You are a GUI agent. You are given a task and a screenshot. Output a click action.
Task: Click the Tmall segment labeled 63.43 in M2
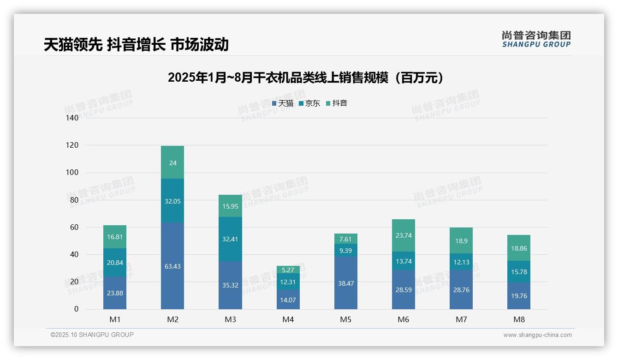point(172,266)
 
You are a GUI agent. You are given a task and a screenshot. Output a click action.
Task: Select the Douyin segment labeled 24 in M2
point(172,162)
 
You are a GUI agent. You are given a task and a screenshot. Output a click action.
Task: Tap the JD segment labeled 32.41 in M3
point(230,239)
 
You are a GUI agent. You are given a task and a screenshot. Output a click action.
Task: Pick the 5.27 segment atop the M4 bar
point(288,270)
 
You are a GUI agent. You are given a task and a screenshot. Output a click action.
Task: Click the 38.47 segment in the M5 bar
point(345,283)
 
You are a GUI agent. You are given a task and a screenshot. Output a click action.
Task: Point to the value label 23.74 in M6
point(404,235)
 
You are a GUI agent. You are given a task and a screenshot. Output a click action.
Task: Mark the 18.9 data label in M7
point(461,241)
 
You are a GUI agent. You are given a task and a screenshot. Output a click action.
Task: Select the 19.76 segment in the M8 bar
point(519,296)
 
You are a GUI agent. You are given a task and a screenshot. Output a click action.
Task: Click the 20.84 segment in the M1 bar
point(115,263)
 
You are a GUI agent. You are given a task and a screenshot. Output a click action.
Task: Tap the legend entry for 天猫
point(283,103)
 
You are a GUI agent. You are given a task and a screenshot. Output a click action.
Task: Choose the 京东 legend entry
point(309,103)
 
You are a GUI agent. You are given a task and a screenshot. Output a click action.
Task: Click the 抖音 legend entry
point(337,103)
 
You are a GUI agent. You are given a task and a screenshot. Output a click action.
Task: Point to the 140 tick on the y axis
point(72,118)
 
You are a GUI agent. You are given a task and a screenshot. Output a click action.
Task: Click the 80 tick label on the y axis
point(74,200)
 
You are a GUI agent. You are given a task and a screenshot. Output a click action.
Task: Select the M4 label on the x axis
point(288,319)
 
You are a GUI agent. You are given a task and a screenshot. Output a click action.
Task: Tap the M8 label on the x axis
point(519,319)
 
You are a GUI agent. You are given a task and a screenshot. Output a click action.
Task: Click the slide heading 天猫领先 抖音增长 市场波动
point(136,45)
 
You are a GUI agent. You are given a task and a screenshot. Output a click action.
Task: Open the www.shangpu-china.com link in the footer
point(537,335)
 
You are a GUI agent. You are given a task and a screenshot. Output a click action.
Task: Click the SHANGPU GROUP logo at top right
point(536,39)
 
